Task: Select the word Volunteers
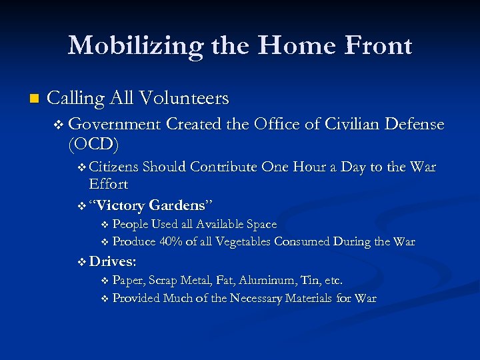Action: coord(184,99)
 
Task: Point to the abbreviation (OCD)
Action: coord(93,143)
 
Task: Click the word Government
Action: coord(114,124)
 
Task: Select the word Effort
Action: coord(108,183)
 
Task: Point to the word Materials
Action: coord(313,298)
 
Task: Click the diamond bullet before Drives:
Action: coord(82,261)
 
